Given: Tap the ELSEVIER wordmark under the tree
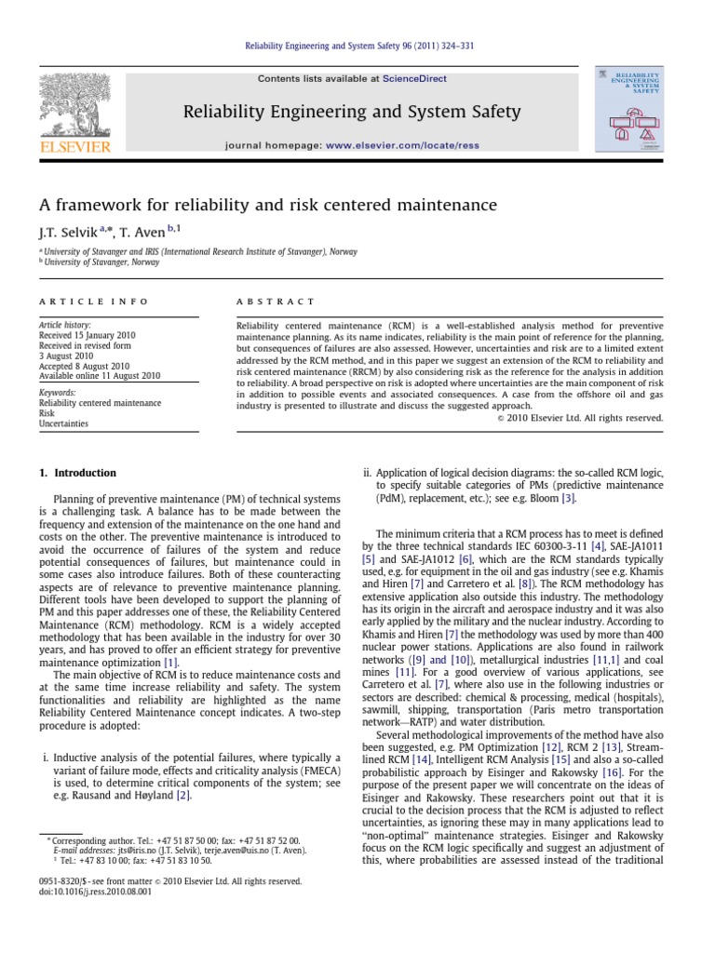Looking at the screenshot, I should [x=74, y=146].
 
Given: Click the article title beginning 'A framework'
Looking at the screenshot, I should [x=255, y=205].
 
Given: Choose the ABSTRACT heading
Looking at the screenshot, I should [x=277, y=302].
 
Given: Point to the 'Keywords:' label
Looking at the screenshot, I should [x=59, y=394].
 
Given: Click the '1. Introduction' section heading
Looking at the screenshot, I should [x=78, y=473].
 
